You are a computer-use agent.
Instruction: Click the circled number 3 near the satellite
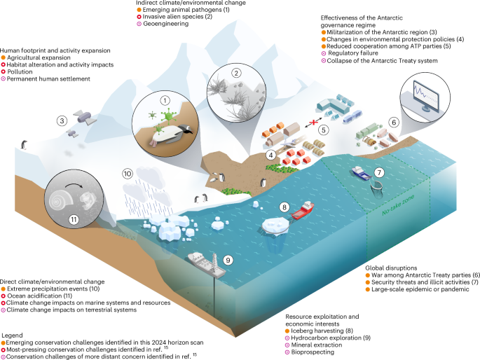[x=62, y=120]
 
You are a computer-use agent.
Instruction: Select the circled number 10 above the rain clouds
[x=128, y=172]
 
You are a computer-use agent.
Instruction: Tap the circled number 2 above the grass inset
[x=237, y=73]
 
